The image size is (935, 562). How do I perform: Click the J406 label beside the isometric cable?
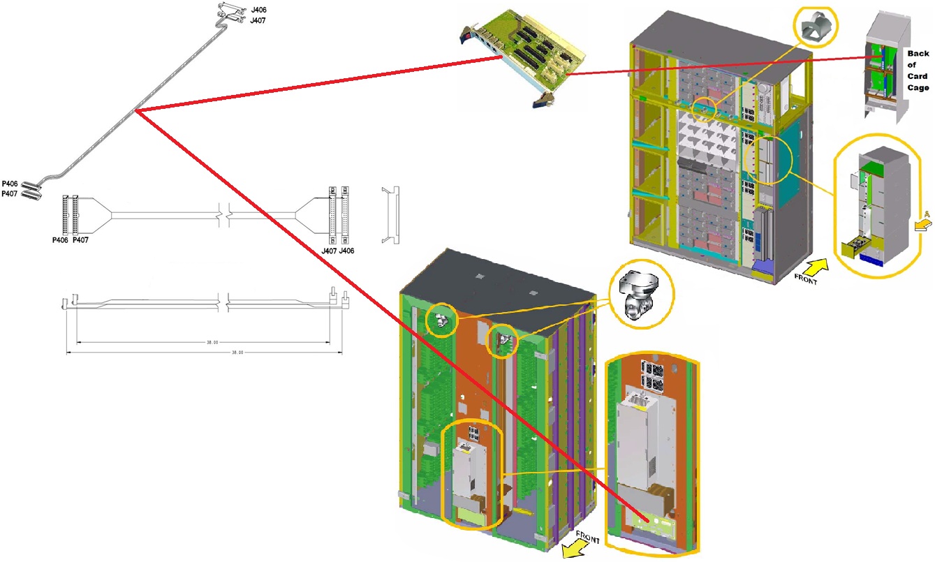point(258,10)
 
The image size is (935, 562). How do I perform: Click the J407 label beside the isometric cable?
point(258,20)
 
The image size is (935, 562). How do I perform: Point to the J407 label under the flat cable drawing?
point(329,251)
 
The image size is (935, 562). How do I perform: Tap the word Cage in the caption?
point(918,88)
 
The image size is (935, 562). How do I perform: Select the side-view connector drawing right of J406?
point(390,214)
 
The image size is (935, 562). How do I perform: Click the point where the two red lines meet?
point(136,111)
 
